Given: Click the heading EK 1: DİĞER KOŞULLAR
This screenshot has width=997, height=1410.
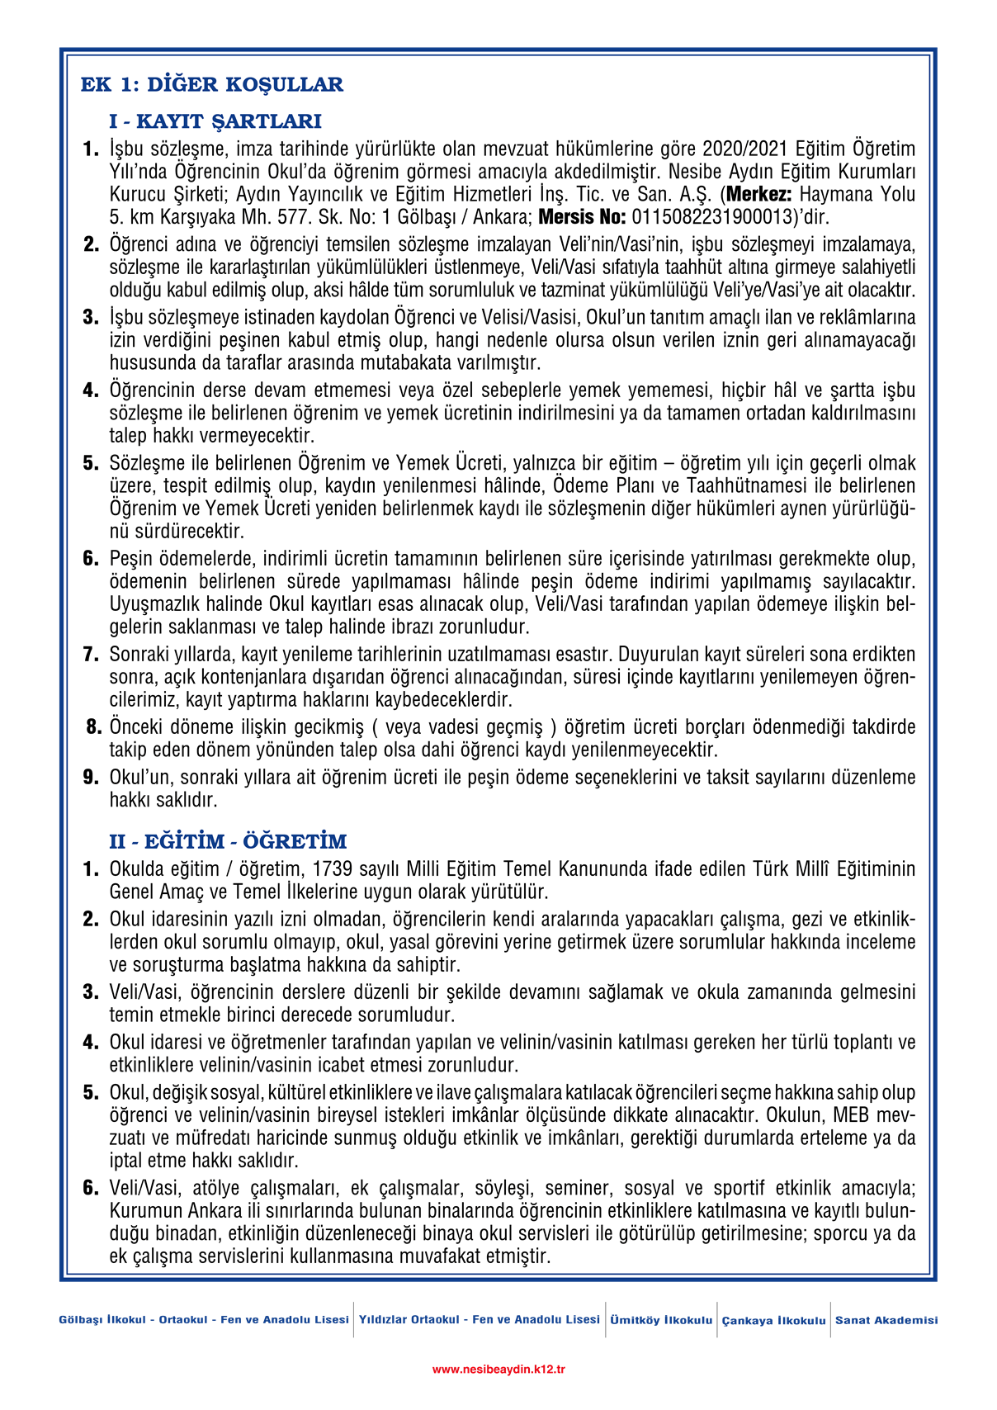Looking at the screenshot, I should tap(211, 84).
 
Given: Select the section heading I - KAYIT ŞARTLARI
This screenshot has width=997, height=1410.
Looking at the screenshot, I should tap(215, 121).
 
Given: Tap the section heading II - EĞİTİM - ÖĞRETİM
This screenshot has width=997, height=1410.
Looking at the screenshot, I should tap(228, 842).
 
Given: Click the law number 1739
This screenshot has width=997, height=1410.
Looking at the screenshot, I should tap(333, 869).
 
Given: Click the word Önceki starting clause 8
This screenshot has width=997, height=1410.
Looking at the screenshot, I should tap(136, 727).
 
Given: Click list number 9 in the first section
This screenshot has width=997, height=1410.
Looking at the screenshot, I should tap(91, 778).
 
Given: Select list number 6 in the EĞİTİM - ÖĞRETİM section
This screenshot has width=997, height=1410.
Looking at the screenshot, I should tap(91, 1188).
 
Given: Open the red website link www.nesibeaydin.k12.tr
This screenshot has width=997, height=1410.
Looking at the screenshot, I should tap(498, 1370).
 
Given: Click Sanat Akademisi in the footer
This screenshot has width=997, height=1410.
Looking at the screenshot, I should tap(886, 1320).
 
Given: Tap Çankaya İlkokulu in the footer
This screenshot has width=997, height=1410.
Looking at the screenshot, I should tap(773, 1321).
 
